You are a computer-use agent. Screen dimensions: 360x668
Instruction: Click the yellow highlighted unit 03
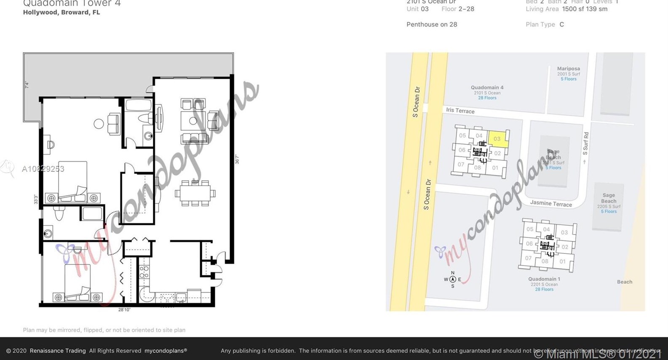pos(497,139)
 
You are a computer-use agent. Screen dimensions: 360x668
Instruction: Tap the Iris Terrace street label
pos(460,111)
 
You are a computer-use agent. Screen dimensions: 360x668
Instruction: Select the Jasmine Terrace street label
pos(550,203)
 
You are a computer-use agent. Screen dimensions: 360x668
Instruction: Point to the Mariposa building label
pos(568,69)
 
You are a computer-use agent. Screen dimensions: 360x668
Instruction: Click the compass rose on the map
pos(452,279)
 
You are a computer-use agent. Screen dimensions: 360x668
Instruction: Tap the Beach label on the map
pos(624,282)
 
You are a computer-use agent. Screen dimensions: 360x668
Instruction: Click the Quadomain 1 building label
pos(544,279)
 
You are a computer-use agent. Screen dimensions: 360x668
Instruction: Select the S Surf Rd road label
pos(585,144)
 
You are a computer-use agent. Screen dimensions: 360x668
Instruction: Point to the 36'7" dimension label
pos(237,159)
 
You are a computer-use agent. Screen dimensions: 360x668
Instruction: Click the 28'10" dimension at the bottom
pos(124,310)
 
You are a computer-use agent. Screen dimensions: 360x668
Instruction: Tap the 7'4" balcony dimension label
pos(27,85)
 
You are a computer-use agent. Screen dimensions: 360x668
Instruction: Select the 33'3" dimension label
pos(36,199)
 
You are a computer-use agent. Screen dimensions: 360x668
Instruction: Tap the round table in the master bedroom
pos(99,124)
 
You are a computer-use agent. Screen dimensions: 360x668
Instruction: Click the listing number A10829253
pos(43,169)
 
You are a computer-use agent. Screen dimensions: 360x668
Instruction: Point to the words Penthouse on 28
pos(432,24)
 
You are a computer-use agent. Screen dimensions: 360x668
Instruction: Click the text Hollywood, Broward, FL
pos(61,12)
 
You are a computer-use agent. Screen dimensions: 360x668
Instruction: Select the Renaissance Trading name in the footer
pos(58,351)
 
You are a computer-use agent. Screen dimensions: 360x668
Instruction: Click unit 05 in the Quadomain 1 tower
pos(530,229)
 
